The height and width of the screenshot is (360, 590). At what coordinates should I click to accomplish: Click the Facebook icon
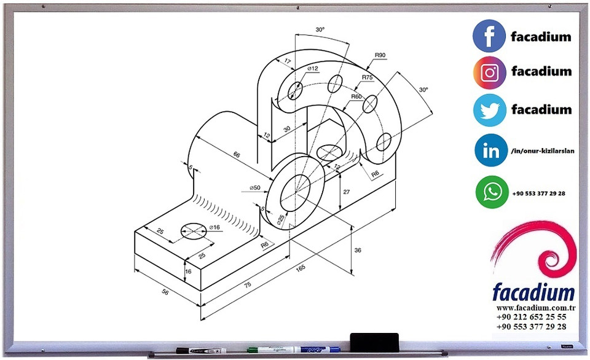pos(489,36)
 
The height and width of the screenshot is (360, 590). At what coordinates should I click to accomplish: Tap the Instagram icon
pos(490,72)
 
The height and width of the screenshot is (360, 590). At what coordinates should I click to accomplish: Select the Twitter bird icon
pos(490,110)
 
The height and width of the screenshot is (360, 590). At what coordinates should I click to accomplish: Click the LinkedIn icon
pos(491,150)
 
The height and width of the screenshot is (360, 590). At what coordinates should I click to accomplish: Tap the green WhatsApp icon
pos(492,192)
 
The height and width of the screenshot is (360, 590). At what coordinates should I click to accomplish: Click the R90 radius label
pos(380,55)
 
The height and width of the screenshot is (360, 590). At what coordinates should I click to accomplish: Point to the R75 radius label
pos(368,77)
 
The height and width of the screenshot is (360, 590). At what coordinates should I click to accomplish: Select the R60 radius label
pos(356,96)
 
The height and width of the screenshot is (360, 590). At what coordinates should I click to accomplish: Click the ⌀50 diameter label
pos(254,188)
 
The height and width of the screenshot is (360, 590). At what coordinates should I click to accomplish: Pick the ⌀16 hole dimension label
pos(214,227)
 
